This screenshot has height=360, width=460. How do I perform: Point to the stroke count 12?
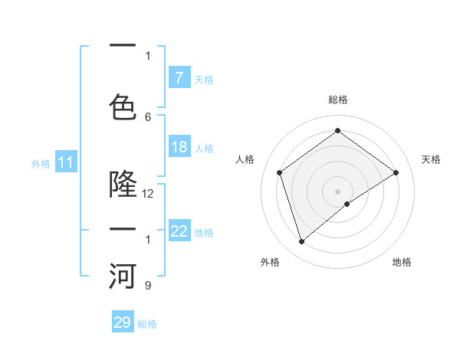148,194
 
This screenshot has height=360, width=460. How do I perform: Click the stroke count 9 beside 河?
148,286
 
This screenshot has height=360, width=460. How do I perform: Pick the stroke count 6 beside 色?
148,116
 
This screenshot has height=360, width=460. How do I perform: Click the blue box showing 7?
179,77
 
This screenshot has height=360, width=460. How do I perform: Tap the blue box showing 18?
179,148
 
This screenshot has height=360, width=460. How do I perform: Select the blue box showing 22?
179,232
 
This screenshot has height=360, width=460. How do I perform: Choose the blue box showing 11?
66,162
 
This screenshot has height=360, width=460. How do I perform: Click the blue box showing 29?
123,322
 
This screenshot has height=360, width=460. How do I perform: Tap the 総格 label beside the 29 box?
147,324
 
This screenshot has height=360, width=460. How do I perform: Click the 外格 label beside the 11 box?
41,163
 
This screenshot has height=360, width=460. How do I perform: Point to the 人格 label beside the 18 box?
204,149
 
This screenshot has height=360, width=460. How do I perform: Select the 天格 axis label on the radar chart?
431,159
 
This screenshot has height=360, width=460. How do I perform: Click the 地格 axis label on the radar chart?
402,262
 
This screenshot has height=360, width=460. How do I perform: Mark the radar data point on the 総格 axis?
337,130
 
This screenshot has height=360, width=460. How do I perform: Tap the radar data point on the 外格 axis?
301,242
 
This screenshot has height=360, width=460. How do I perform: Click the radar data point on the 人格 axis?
279,172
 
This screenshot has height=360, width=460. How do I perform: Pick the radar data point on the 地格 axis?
347,204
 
